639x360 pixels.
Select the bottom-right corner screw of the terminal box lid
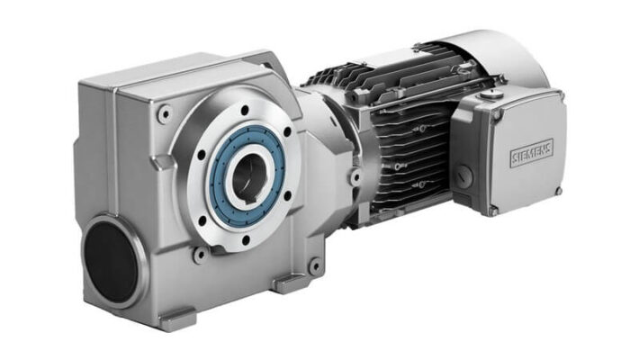click(558, 190)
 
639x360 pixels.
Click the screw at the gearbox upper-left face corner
click(164, 113)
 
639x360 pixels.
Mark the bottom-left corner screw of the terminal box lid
click(493, 211)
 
